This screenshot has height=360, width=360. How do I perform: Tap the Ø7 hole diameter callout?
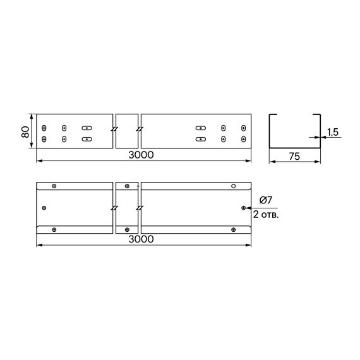(x=265, y=200)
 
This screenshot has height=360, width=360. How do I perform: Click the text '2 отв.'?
(x=266, y=215)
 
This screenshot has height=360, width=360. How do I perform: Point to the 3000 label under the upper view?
(x=141, y=155)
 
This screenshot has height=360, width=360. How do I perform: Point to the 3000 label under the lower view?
(x=141, y=239)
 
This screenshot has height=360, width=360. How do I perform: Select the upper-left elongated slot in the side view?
(x=87, y=127)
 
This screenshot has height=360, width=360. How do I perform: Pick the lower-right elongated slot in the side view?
(x=201, y=138)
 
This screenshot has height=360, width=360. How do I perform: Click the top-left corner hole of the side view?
(x=44, y=127)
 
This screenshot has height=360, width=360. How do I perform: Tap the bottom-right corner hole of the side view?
(x=243, y=138)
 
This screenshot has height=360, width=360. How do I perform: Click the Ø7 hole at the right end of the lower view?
(x=244, y=207)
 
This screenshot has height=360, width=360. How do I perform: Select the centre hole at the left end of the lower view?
(x=44, y=207)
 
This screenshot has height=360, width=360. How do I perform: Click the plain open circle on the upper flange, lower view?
(x=233, y=186)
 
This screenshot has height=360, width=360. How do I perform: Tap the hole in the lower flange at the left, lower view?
(x=54, y=229)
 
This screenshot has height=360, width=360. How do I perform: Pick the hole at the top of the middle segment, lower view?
(x=128, y=186)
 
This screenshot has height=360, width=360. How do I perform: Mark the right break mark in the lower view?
(x=140, y=207)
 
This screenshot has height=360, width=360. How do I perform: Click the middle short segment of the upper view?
(x=127, y=132)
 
